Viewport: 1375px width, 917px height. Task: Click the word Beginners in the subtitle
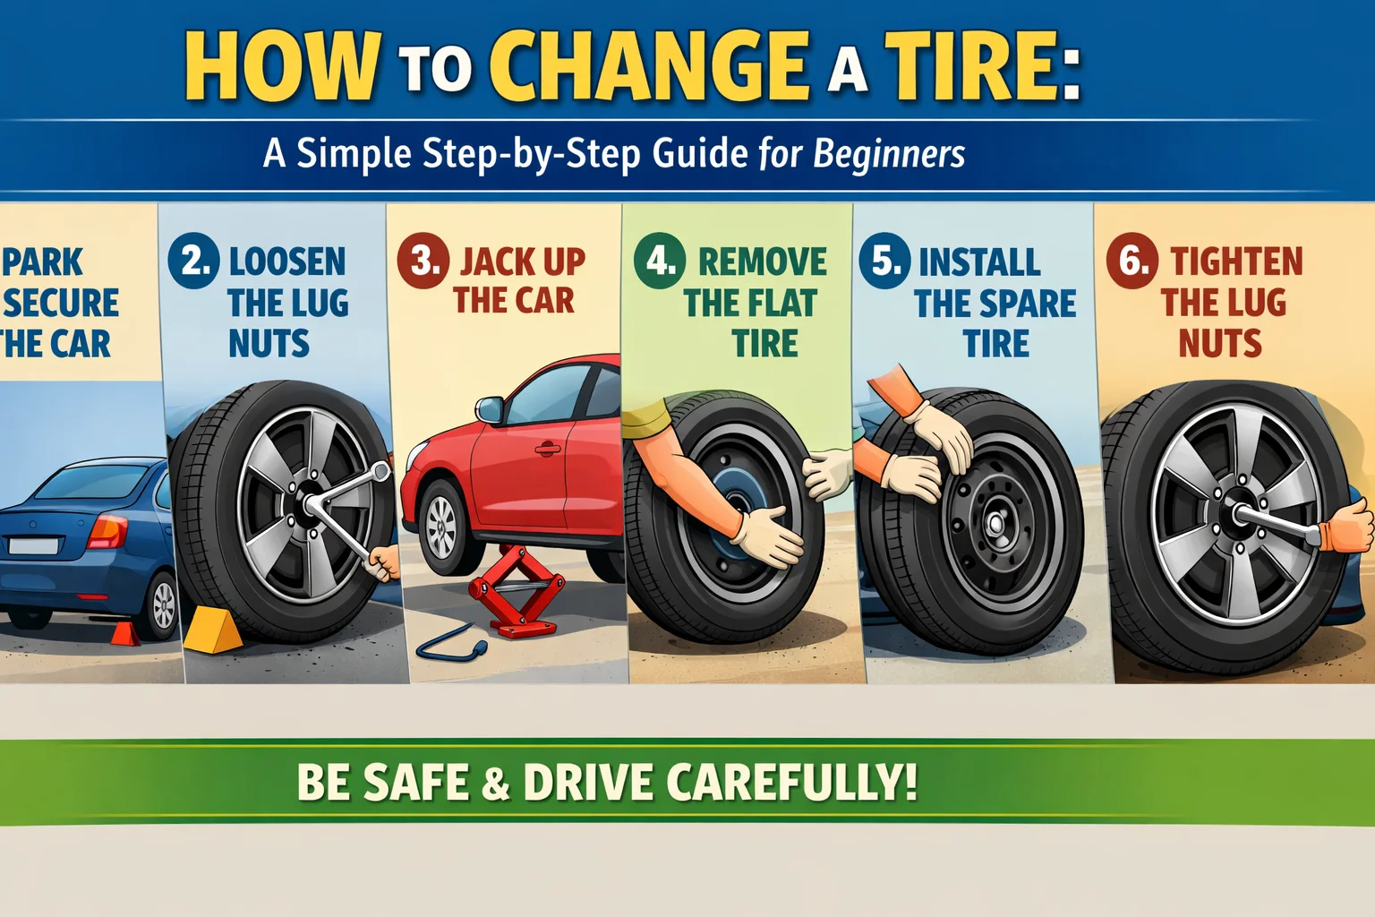[889, 154]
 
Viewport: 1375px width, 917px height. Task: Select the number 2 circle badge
[193, 260]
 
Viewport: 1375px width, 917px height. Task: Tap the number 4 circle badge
[660, 261]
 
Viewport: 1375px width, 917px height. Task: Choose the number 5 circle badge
[884, 261]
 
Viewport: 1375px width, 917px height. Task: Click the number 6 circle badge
[1132, 261]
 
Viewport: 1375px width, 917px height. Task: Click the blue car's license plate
[33, 545]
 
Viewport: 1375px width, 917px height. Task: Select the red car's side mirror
[489, 410]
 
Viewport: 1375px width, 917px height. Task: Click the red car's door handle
[547, 449]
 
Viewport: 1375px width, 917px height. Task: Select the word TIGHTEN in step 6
[1236, 261]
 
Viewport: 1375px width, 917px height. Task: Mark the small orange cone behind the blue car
[125, 633]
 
